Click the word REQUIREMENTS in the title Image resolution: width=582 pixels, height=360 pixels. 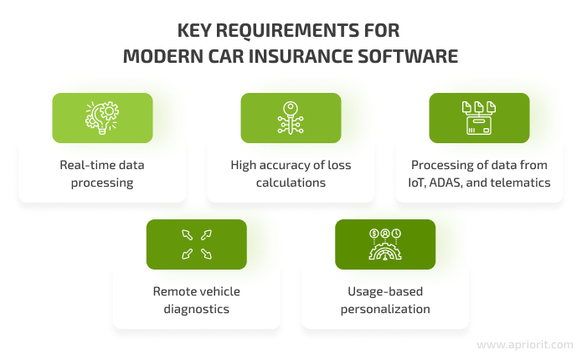(x=287, y=31)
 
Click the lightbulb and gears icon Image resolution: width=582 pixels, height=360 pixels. (x=102, y=118)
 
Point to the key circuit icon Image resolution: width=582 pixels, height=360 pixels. (x=291, y=118)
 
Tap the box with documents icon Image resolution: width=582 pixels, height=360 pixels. (x=479, y=118)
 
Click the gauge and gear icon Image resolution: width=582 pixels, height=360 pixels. (x=385, y=244)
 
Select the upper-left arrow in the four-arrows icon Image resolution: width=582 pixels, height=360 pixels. (x=187, y=234)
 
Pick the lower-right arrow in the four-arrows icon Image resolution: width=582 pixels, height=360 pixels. (x=206, y=254)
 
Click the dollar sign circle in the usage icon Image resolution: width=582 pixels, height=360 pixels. (x=374, y=234)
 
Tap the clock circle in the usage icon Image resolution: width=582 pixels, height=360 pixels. (x=396, y=234)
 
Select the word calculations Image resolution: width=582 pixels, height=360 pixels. (x=291, y=183)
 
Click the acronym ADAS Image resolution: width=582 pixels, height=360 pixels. (x=446, y=183)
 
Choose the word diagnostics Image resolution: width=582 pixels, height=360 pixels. (x=196, y=309)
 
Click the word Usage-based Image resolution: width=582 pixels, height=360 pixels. (x=385, y=291)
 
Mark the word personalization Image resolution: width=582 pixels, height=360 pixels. (x=385, y=309)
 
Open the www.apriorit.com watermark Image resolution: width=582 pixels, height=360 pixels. (x=525, y=345)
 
